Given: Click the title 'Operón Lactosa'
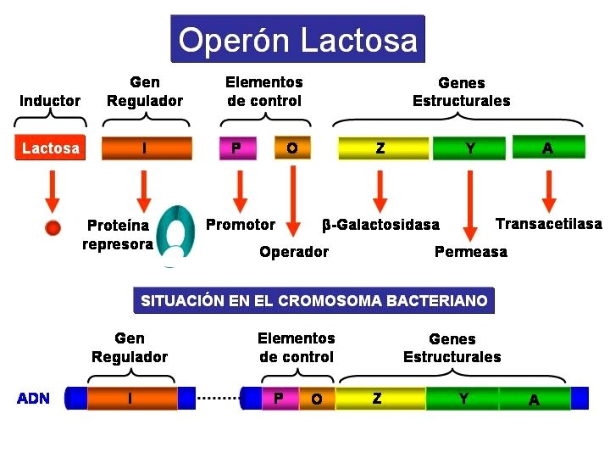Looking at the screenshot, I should coord(297,40).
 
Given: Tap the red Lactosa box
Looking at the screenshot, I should coord(51,148).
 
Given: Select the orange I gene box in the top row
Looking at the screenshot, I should coord(144,148).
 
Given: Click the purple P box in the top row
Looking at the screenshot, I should coord(236,148).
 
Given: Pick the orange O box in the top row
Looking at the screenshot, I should coord(291,148).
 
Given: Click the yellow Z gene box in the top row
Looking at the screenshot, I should coord(381,148).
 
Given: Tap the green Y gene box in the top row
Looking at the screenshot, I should coord(470,148).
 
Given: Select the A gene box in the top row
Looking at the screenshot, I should coord(548,148).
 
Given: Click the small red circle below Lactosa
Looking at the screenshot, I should coord(53,227).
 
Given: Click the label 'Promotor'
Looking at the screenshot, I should coord(241,225).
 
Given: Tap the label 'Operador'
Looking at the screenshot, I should coord(294,252).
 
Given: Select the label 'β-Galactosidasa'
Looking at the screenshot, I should coord(381,225).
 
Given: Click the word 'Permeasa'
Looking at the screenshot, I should coord(470,252).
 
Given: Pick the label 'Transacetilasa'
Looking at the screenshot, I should coord(548,224).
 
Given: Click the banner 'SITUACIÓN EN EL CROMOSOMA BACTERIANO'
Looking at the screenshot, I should coord(313,301).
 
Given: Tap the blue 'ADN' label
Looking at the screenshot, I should coord(34,399).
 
